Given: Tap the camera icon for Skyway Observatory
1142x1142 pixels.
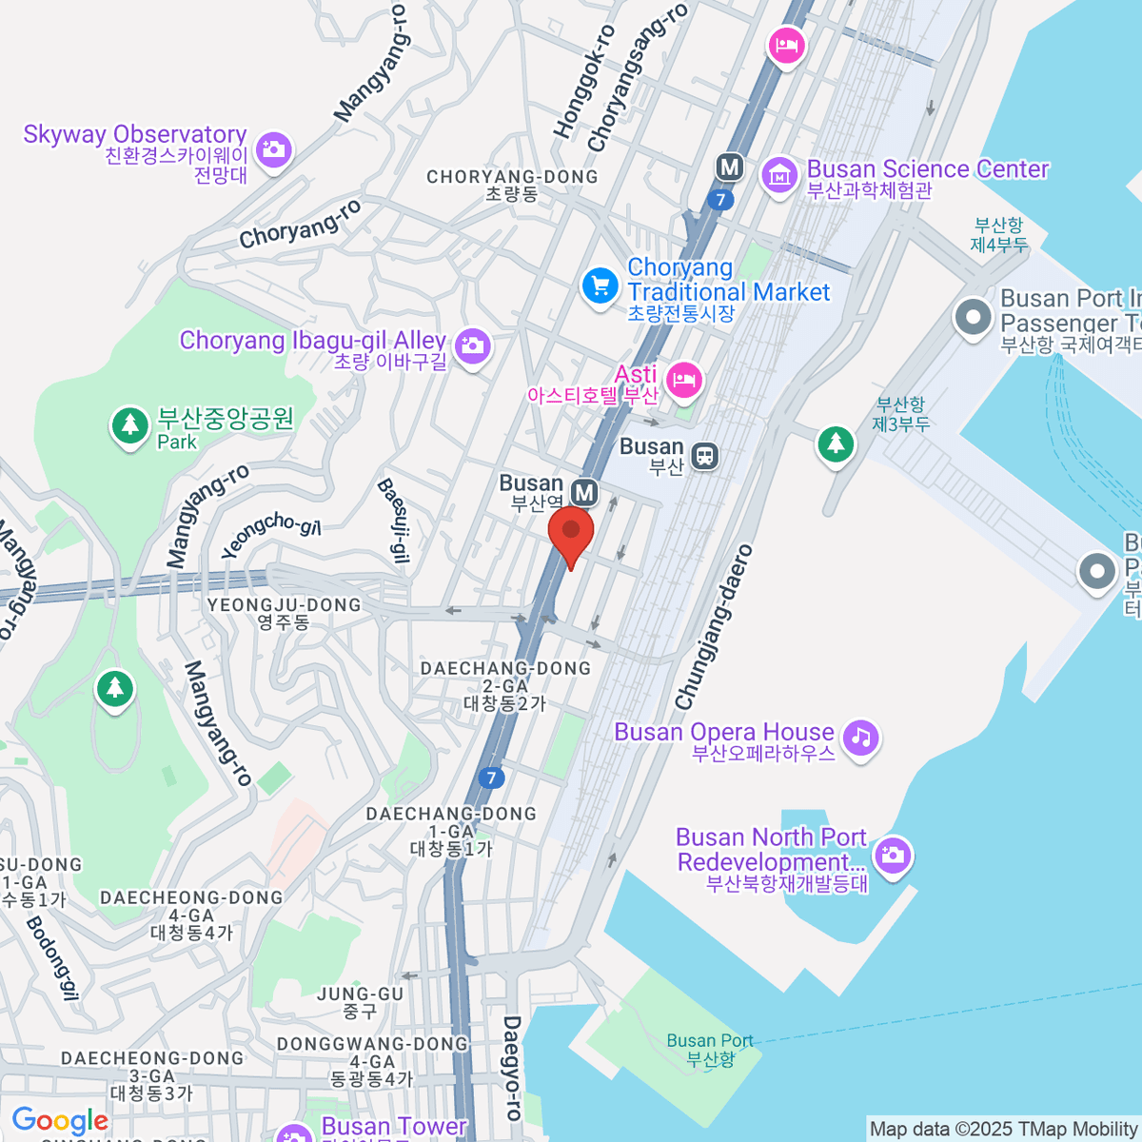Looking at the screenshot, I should pyautogui.click(x=274, y=149).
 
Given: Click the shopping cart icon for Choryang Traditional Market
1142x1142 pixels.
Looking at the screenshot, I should pyautogui.click(x=601, y=285).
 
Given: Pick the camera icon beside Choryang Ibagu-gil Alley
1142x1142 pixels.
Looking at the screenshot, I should pyautogui.click(x=472, y=345).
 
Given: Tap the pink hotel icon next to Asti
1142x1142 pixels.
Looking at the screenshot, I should pyautogui.click(x=683, y=381).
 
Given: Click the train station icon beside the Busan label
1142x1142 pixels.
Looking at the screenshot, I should pyautogui.click(x=704, y=456).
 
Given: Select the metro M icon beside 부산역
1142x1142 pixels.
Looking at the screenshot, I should pyautogui.click(x=584, y=492).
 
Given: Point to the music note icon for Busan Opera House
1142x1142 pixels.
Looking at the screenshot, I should pyautogui.click(x=861, y=738).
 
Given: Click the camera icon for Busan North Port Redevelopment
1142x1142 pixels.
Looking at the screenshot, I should pyautogui.click(x=892, y=855).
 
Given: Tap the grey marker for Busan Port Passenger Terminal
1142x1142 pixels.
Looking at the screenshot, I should pyautogui.click(x=973, y=318).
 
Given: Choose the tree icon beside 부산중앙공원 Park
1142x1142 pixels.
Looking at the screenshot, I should pyautogui.click(x=129, y=425).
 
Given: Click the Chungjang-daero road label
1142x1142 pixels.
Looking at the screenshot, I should pyautogui.click(x=713, y=627).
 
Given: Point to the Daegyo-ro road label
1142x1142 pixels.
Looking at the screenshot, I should pyautogui.click(x=512, y=1067).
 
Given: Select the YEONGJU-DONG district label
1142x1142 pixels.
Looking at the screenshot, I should pyautogui.click(x=284, y=605).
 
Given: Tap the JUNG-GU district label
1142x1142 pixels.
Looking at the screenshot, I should pyautogui.click(x=360, y=994).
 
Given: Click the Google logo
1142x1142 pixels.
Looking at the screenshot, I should pyautogui.click(x=60, y=1120).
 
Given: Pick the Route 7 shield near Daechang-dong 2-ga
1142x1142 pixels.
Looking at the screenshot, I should pyautogui.click(x=491, y=778).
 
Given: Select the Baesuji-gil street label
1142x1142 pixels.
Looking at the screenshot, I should pyautogui.click(x=394, y=521).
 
